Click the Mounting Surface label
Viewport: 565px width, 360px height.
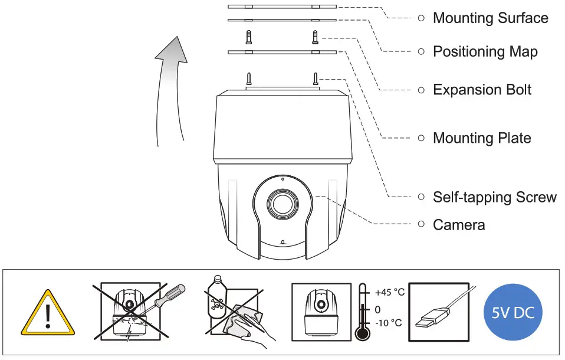490,18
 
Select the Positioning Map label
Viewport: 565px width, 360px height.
485,52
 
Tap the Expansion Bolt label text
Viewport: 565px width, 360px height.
482,90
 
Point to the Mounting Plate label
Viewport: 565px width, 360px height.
482,138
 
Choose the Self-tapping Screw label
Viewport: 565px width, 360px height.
494,197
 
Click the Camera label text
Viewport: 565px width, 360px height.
459,225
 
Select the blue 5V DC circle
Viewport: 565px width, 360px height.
513,312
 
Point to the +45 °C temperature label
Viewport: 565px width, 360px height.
389,293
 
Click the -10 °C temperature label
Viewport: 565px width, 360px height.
388,323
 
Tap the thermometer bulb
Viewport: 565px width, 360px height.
362,333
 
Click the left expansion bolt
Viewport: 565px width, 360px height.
249,38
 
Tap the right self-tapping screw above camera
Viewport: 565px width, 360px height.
316,78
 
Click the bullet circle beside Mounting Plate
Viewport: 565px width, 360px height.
421,138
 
